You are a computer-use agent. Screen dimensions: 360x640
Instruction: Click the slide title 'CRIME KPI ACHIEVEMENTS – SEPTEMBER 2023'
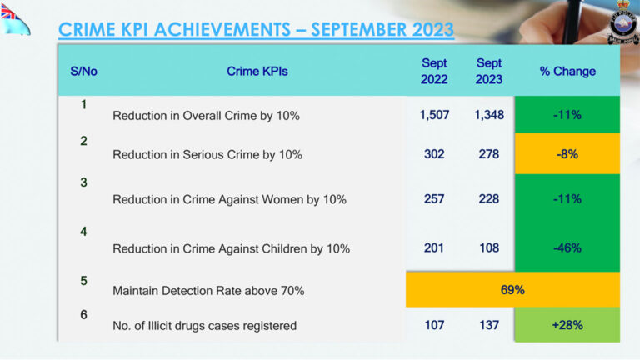(x=256, y=29)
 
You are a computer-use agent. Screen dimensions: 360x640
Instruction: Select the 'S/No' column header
(x=83, y=72)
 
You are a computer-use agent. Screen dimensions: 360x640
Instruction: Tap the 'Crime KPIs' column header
(x=257, y=72)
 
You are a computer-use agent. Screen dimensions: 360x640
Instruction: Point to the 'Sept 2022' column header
(x=434, y=72)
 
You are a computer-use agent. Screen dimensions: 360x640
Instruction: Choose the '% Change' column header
(x=567, y=72)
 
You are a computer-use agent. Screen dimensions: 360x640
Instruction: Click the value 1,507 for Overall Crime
(x=434, y=115)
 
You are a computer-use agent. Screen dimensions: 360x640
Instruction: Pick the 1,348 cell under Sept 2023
(x=489, y=115)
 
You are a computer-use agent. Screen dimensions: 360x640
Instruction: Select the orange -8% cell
(x=567, y=154)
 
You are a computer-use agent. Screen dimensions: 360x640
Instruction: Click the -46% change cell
(x=567, y=247)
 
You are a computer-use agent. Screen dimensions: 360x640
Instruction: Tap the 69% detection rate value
(x=512, y=290)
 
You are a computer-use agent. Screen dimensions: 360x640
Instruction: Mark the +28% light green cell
(x=567, y=325)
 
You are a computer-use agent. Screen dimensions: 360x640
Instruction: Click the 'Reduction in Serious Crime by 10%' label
(x=207, y=155)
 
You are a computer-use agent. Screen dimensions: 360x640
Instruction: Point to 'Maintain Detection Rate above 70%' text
(x=208, y=291)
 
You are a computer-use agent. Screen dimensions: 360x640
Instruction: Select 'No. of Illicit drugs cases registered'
(x=204, y=326)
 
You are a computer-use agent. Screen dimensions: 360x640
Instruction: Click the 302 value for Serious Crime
(x=434, y=154)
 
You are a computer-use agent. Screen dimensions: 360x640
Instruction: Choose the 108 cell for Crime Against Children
(x=489, y=247)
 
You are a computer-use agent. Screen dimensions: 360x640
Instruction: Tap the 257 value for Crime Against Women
(x=434, y=199)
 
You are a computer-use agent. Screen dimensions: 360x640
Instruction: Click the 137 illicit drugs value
(x=489, y=325)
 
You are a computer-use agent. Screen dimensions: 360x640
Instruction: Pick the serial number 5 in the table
(x=83, y=281)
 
